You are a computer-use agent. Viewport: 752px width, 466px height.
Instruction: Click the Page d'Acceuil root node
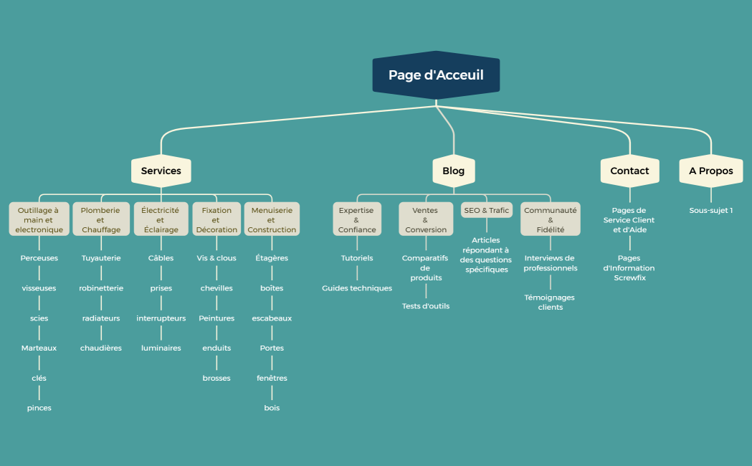coord(436,75)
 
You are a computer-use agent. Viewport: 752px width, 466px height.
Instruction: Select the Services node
coord(161,171)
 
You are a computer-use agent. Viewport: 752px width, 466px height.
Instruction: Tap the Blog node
coord(453,171)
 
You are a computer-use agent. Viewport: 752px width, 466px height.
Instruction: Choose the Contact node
coord(629,171)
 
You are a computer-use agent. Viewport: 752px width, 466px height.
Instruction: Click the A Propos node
coord(710,171)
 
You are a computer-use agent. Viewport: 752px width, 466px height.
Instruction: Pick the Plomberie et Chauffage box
coord(101,220)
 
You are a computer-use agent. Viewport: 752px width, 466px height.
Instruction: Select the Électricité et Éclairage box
coord(160,220)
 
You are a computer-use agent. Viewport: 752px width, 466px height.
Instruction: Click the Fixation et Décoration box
coord(216,220)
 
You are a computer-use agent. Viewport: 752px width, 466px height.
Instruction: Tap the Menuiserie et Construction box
coord(272,220)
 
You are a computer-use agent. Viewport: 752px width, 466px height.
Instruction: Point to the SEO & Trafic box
coord(487,211)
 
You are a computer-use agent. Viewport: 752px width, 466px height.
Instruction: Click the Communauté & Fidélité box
coord(551,220)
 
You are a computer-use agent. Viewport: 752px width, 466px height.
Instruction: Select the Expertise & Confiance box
coord(356,220)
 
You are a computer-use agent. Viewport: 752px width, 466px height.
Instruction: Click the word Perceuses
coord(39,258)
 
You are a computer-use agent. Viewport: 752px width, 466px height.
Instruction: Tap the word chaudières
coord(101,348)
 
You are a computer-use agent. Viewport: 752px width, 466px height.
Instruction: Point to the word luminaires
coord(161,348)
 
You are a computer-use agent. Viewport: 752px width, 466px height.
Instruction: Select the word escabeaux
coord(272,318)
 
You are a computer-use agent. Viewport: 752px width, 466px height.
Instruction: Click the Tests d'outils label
coord(426,306)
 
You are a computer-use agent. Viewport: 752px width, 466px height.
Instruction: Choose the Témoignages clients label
coord(550,302)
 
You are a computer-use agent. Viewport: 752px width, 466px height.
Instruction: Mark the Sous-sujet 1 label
coord(710,211)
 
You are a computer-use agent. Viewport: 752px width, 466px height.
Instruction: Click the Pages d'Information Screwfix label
coord(629,267)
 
